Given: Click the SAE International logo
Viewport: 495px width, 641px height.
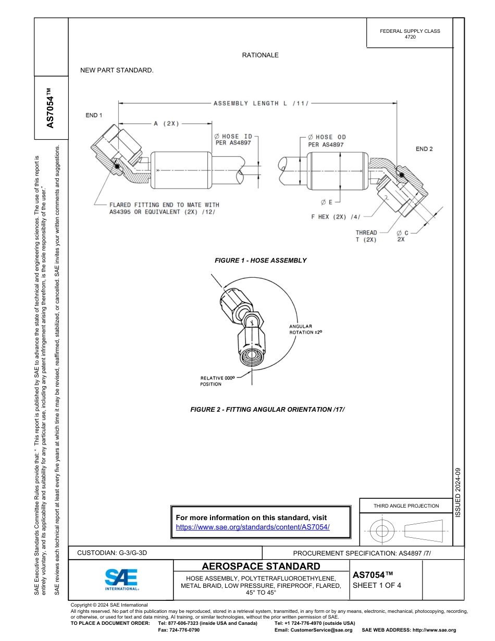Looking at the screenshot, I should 121,579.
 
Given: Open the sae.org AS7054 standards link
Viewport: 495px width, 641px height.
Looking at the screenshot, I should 253,527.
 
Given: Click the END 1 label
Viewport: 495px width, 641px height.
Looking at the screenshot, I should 94,115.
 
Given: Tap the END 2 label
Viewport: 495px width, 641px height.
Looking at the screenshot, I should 424,149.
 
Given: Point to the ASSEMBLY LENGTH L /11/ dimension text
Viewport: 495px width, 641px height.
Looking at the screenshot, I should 261,104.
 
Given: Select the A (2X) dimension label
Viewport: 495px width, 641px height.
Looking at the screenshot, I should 166,124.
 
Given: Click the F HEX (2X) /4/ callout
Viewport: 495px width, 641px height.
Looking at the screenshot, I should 336,217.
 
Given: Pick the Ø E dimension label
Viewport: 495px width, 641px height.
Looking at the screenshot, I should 327,202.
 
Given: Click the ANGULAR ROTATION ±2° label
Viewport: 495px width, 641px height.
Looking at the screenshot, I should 301,329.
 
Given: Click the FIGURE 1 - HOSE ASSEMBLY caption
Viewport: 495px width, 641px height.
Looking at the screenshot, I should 261,261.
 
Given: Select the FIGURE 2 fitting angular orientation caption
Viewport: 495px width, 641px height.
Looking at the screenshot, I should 268,410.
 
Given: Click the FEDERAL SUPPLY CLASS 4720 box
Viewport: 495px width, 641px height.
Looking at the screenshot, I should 410,34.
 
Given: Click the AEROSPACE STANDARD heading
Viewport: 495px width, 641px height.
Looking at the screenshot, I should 261,566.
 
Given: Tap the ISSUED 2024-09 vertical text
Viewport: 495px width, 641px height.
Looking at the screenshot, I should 458,492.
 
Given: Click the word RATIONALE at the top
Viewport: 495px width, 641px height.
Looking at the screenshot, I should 260,55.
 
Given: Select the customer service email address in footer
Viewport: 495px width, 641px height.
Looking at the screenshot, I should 313,630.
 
